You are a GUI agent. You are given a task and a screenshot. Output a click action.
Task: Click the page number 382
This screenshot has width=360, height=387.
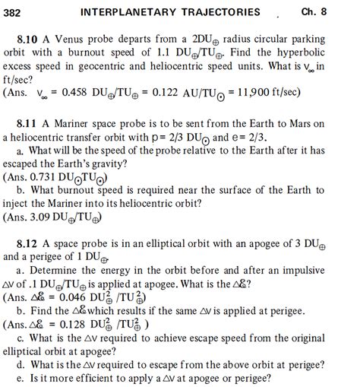pos(15,11)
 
